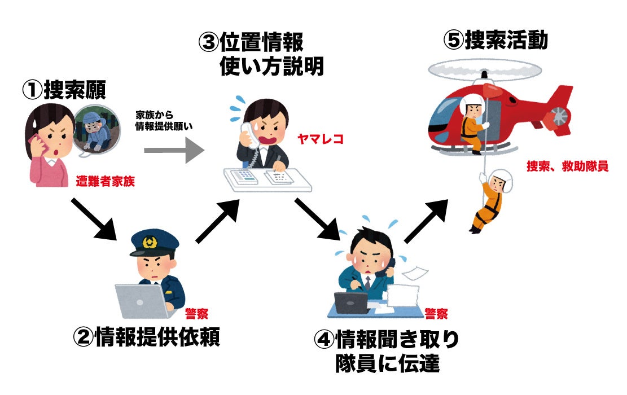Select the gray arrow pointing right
coord(172,150)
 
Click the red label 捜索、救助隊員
coord(567,166)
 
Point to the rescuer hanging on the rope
coord(489,200)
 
